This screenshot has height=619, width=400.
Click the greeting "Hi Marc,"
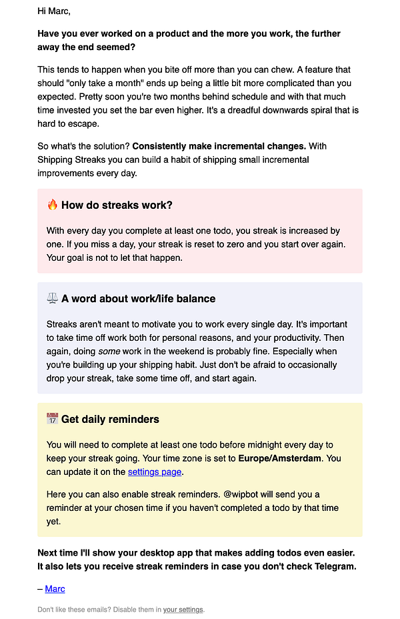click(54, 11)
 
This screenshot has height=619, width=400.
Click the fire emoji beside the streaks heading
click(53, 205)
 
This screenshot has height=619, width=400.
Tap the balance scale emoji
click(53, 298)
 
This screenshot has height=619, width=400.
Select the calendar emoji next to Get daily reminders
click(53, 419)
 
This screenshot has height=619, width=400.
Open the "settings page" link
click(155, 472)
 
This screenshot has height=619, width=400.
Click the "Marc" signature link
click(55, 589)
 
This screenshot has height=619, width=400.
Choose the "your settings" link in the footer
click(183, 609)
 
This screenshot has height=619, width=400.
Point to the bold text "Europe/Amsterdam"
click(285, 458)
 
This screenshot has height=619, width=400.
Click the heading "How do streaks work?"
click(117, 205)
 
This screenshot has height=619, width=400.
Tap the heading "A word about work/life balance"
click(138, 299)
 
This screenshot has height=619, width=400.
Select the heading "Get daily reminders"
click(110, 420)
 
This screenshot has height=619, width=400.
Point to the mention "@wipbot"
click(248, 494)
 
